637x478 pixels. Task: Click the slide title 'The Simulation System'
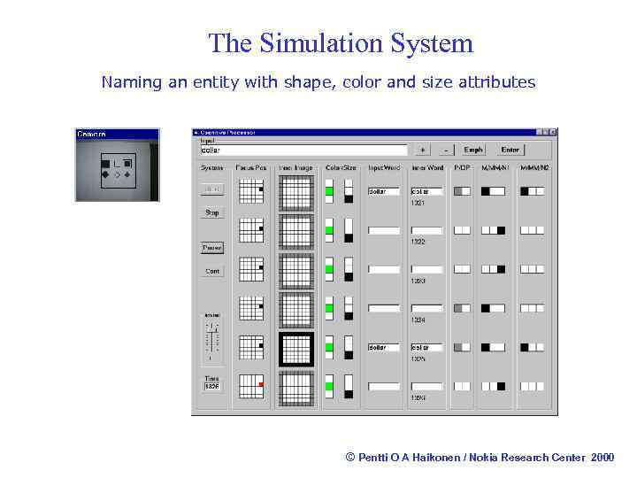click(x=341, y=42)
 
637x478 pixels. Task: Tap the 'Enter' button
click(x=510, y=150)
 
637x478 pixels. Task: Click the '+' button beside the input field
click(x=423, y=150)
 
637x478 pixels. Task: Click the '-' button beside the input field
click(x=446, y=150)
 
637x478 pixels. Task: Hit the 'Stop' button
click(x=212, y=213)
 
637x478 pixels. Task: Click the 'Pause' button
click(x=212, y=248)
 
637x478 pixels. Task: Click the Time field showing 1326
click(x=212, y=386)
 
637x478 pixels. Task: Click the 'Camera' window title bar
click(x=117, y=134)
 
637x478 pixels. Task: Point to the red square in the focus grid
click(x=261, y=384)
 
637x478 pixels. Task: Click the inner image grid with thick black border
click(x=296, y=348)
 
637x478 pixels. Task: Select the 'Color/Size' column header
click(x=340, y=167)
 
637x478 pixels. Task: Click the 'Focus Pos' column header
click(x=251, y=167)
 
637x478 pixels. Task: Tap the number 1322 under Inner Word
click(x=418, y=242)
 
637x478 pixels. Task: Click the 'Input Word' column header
click(x=384, y=167)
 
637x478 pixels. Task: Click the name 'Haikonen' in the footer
click(x=424, y=457)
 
